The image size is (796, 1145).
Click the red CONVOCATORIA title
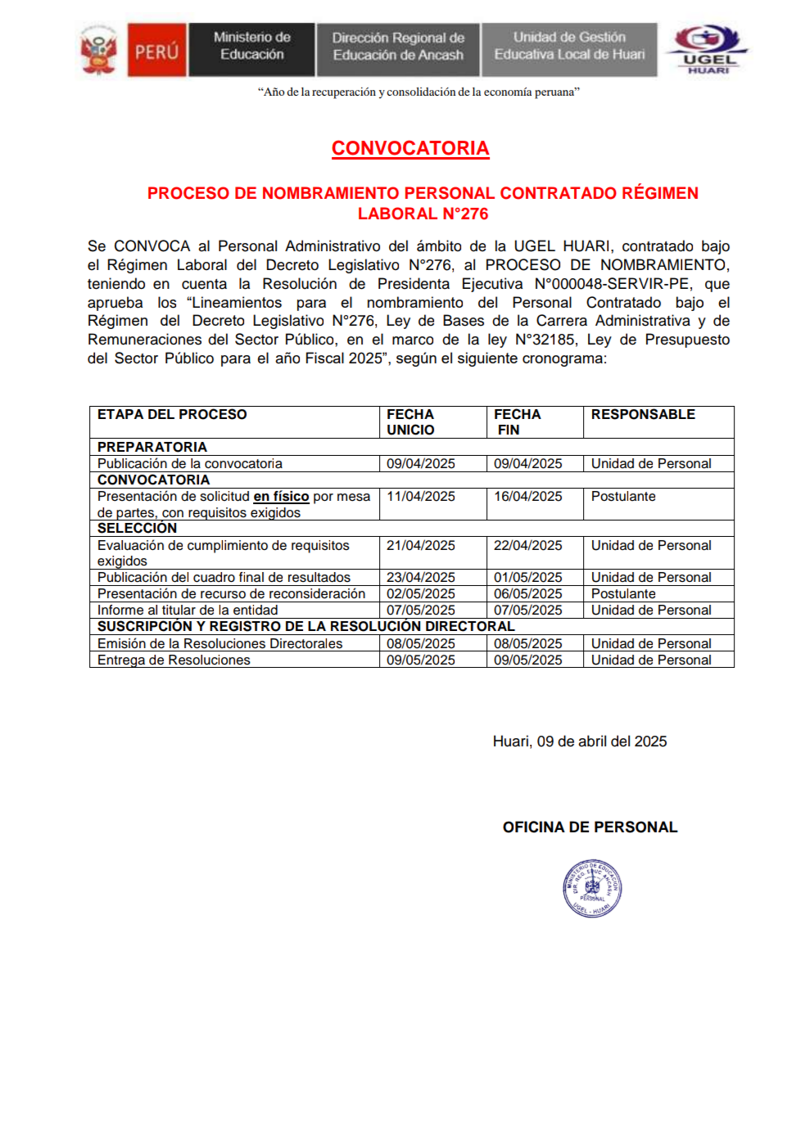[410, 148]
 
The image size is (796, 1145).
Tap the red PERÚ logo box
[156, 51]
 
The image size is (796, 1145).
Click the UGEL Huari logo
[708, 49]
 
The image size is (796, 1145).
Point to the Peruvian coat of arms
[99, 51]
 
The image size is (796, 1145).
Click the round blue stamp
[592, 888]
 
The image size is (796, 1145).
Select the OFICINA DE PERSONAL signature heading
[590, 827]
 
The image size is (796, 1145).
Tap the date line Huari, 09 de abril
[579, 742]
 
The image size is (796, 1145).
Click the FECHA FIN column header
[517, 421]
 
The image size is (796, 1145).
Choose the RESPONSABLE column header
[643, 415]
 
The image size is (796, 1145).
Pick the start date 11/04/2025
[421, 497]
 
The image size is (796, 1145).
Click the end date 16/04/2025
[527, 497]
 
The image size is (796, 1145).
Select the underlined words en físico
[281, 497]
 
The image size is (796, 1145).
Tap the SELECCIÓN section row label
[137, 529]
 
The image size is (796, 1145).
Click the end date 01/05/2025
[527, 578]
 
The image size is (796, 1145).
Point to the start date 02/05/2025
[421, 594]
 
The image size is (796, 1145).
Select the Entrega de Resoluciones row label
[174, 660]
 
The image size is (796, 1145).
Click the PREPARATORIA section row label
[152, 448]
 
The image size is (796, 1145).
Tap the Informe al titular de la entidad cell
[188, 611]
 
